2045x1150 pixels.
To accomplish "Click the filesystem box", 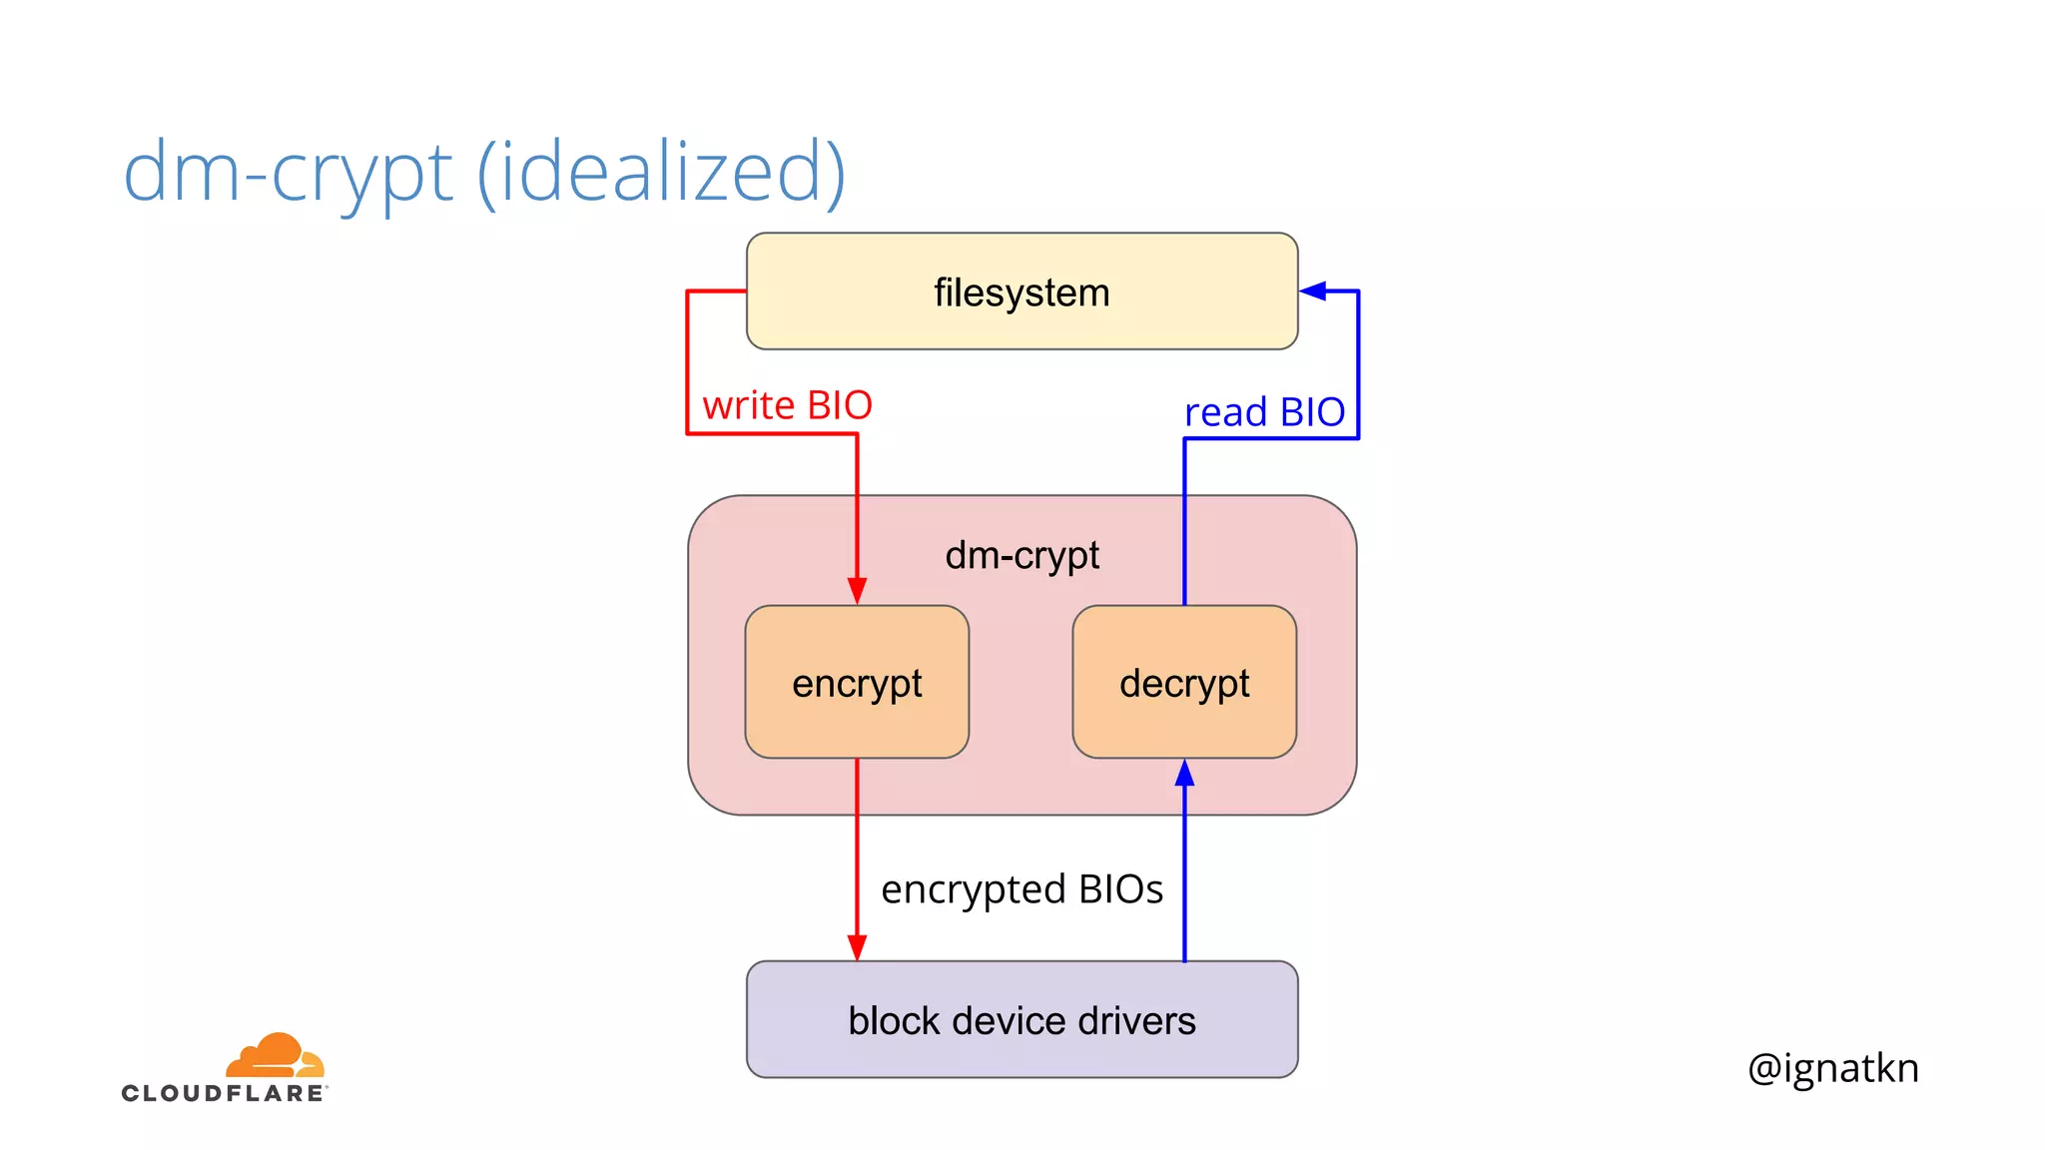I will tap(1022, 291).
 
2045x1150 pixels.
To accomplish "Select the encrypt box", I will tap(857, 683).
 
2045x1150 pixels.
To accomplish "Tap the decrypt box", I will tap(1184, 683).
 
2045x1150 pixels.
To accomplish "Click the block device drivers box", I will tap(1022, 1020).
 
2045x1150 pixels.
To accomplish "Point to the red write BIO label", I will tap(787, 405).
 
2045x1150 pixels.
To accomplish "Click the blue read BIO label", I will tap(1264, 412).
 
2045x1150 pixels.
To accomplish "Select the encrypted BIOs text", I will tap(1022, 889).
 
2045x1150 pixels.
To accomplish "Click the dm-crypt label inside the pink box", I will tap(1022, 555).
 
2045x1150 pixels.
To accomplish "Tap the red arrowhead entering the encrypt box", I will tap(857, 590).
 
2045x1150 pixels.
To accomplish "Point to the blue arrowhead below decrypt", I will tap(1184, 774).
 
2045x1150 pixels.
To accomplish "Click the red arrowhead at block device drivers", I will tap(857, 946).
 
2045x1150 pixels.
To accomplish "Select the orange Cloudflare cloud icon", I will tap(276, 1056).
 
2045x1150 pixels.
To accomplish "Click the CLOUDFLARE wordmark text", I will tap(224, 1093).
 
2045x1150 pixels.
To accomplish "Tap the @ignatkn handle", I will tap(1832, 1068).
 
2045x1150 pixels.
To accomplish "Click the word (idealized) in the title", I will tap(661, 172).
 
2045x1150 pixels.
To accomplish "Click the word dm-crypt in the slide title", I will tap(288, 172).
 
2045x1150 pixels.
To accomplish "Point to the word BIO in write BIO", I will tap(839, 405).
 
